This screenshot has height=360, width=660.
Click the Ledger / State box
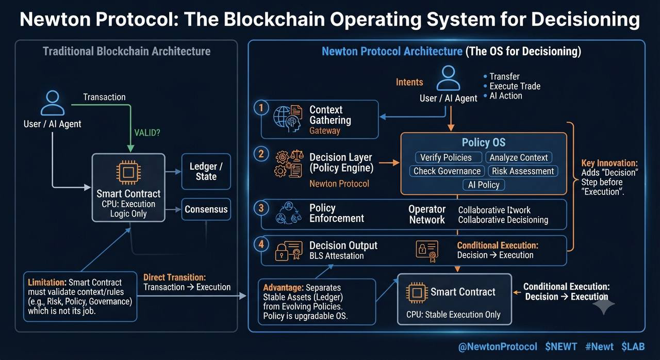coord(206,171)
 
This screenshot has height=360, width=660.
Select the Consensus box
coord(206,209)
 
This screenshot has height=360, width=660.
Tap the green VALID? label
coord(147,133)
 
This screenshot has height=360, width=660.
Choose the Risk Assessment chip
coord(523,171)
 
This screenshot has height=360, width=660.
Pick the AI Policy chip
coord(484,185)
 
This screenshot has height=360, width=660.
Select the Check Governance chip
coord(447,171)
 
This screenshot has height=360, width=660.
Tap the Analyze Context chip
coord(519,157)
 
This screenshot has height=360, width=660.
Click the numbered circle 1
coord(261,108)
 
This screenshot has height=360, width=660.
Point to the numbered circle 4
coord(261,244)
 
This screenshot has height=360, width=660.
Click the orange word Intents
coord(409,82)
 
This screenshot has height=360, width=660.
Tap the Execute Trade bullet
coord(512,86)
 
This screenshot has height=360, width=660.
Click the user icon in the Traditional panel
coord(53,103)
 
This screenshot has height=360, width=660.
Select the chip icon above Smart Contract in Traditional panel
coord(128,172)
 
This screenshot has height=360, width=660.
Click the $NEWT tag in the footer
coord(560,347)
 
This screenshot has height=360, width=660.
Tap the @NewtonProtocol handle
coord(498,347)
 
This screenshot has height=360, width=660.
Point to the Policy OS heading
coord(484,142)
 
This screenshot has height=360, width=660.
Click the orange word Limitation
coord(47,282)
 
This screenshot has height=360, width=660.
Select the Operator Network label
coord(427,214)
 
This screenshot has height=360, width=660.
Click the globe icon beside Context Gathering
coord(282,117)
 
